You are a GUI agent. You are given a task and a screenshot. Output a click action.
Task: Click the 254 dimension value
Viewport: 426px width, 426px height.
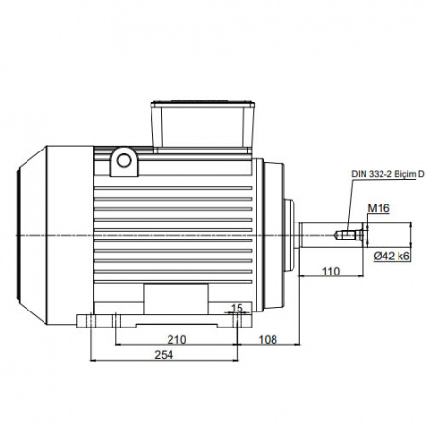[164, 355]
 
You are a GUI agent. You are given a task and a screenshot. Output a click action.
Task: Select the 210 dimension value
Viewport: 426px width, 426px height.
[176, 340]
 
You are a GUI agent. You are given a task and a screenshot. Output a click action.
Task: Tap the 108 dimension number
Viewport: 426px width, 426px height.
[268, 340]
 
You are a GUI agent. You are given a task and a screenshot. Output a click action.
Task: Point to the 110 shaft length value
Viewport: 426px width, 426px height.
[330, 271]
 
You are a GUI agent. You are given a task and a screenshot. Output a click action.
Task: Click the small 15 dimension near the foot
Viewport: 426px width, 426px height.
[237, 308]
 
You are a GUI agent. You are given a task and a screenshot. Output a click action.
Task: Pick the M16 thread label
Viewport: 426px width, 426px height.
[379, 208]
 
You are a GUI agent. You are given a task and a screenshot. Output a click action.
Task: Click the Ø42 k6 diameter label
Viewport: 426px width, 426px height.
[392, 256]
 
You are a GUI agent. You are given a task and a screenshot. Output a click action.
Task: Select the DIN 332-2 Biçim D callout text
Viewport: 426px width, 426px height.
[388, 174]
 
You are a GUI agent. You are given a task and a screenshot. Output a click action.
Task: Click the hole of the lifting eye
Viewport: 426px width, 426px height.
[124, 161]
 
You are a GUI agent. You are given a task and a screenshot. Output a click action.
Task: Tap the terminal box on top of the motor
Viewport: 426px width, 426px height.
[203, 128]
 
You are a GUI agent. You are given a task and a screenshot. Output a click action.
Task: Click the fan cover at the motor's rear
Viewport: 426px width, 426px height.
[55, 235]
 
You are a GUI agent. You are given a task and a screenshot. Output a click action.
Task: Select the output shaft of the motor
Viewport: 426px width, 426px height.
[331, 235]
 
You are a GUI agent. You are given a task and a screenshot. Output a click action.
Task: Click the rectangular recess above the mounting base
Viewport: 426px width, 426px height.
[176, 299]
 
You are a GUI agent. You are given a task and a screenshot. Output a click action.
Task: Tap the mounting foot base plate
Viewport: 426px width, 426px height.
[164, 321]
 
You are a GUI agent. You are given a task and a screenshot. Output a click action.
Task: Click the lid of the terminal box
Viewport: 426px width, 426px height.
[203, 103]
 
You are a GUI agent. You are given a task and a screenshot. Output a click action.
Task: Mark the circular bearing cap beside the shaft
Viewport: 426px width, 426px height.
[290, 235]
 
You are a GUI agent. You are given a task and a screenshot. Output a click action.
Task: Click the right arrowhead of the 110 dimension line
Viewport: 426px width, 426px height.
[362, 275]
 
